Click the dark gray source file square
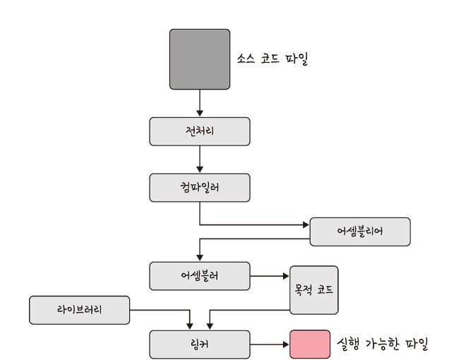point(199,59)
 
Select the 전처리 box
point(199,131)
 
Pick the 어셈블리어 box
point(360,232)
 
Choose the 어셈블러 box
point(199,275)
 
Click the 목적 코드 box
point(314,289)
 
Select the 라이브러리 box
point(79,310)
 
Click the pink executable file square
point(310,344)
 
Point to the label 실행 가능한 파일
point(383,344)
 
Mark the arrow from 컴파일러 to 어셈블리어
point(254,224)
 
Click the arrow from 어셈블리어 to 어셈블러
point(254,239)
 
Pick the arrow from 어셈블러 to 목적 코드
point(270,275)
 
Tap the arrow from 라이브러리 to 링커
point(162,310)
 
